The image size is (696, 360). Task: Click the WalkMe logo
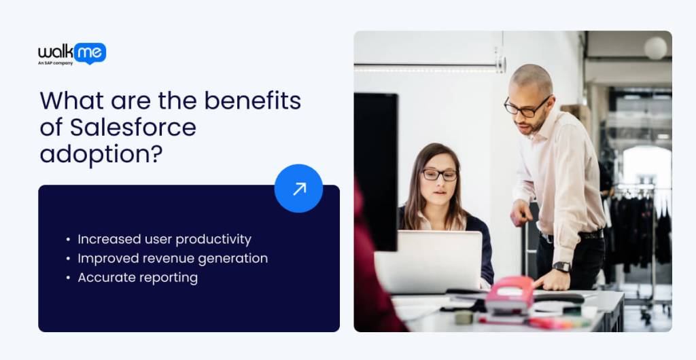click(x=72, y=52)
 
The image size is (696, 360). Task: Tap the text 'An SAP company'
click(x=55, y=63)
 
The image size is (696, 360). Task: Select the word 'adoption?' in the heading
click(x=101, y=154)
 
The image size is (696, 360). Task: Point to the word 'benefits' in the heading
click(x=252, y=101)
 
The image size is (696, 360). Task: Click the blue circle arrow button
click(x=298, y=188)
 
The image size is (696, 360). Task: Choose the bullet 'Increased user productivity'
click(x=164, y=239)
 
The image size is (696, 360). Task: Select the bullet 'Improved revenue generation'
click(x=172, y=258)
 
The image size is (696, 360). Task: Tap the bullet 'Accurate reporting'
click(x=137, y=277)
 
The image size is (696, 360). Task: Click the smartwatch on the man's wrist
click(x=561, y=266)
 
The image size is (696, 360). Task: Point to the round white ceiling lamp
click(x=655, y=48)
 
